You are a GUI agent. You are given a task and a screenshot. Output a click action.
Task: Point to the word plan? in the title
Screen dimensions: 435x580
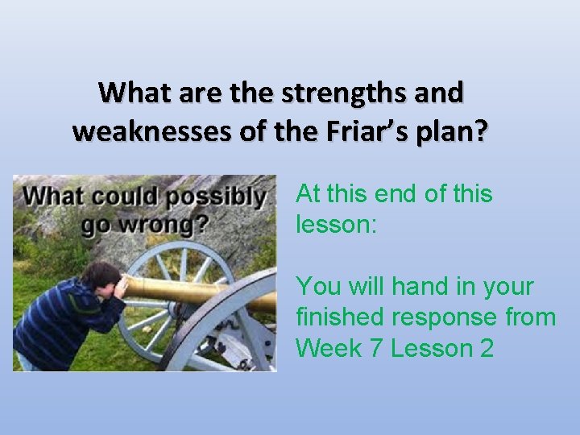coord(457,131)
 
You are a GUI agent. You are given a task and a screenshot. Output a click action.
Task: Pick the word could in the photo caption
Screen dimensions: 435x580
coord(130,197)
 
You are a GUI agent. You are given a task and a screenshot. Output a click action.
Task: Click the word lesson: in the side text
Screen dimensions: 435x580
coord(336,224)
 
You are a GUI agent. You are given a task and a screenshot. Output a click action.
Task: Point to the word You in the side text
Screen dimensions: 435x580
coord(316,286)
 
